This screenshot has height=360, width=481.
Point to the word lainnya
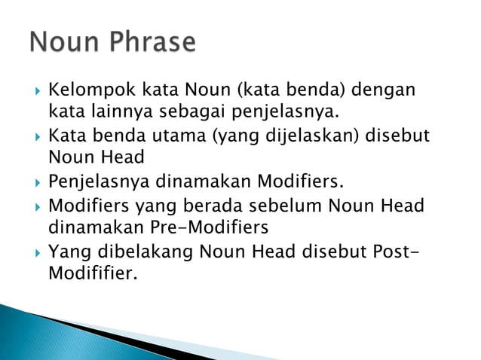(118, 114)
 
